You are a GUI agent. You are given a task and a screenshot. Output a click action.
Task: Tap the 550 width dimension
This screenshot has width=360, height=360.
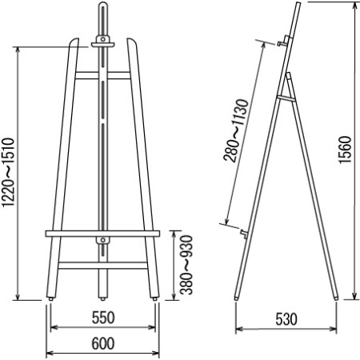click(103, 318)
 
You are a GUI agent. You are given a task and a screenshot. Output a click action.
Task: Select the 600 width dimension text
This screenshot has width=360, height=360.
click(103, 343)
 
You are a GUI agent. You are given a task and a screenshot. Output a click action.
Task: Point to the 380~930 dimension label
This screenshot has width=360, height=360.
click(186, 265)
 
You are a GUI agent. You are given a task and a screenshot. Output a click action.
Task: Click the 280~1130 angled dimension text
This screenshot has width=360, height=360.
click(236, 130)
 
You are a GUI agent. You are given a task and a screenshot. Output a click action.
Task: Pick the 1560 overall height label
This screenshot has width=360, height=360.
click(345, 150)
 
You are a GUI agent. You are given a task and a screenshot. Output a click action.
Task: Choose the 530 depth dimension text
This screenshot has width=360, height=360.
click(286, 319)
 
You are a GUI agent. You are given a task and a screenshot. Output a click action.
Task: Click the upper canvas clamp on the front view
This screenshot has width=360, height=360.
click(103, 42)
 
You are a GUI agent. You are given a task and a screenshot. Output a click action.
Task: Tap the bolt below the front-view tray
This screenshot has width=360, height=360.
click(103, 240)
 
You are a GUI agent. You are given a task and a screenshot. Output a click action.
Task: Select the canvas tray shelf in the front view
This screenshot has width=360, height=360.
click(102, 234)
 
